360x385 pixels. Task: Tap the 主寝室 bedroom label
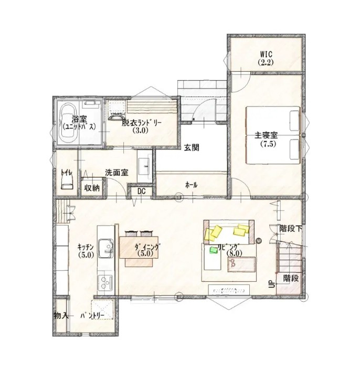pos(266,139)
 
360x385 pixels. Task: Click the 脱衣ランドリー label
pos(142,126)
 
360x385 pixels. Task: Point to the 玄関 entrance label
pos(191,148)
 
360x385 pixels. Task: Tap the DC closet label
pos(141,191)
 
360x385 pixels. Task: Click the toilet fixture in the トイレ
pos(66,181)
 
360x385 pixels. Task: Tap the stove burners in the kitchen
pos(105,282)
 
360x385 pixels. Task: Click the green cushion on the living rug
pos(214,251)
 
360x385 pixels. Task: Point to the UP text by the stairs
pos(271,284)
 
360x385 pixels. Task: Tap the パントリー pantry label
pos(95,316)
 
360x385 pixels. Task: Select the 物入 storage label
pos(61,315)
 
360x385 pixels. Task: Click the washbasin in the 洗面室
pos(144,167)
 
